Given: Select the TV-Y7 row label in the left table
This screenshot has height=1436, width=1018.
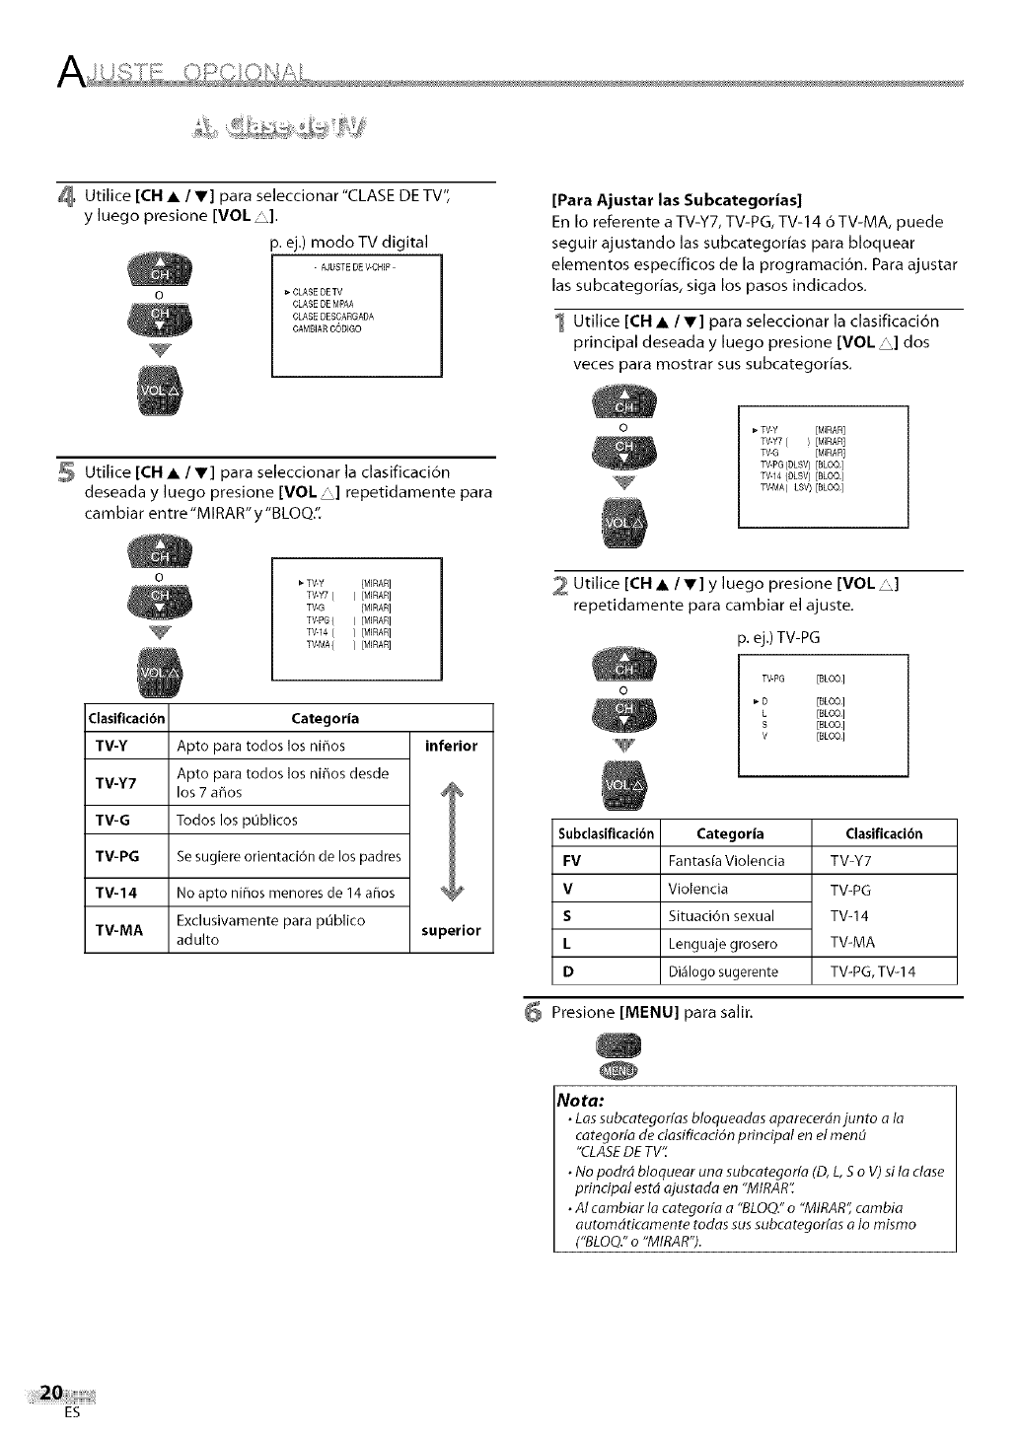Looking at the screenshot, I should coord(114,783).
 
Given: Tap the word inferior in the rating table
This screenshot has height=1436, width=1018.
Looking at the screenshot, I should coord(451,746).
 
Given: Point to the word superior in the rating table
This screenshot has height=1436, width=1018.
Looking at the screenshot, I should coord(451,930).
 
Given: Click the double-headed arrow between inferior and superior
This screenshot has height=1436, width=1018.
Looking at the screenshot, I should coord(450,838).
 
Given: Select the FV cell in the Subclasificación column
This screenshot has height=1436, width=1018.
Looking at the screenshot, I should coord(569,860).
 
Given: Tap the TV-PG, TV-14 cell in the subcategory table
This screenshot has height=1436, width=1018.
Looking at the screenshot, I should coord(873,971).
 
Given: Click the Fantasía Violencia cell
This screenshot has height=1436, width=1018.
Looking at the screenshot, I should coord(727,861).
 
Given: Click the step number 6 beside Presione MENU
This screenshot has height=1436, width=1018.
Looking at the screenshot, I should coord(532,1013).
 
